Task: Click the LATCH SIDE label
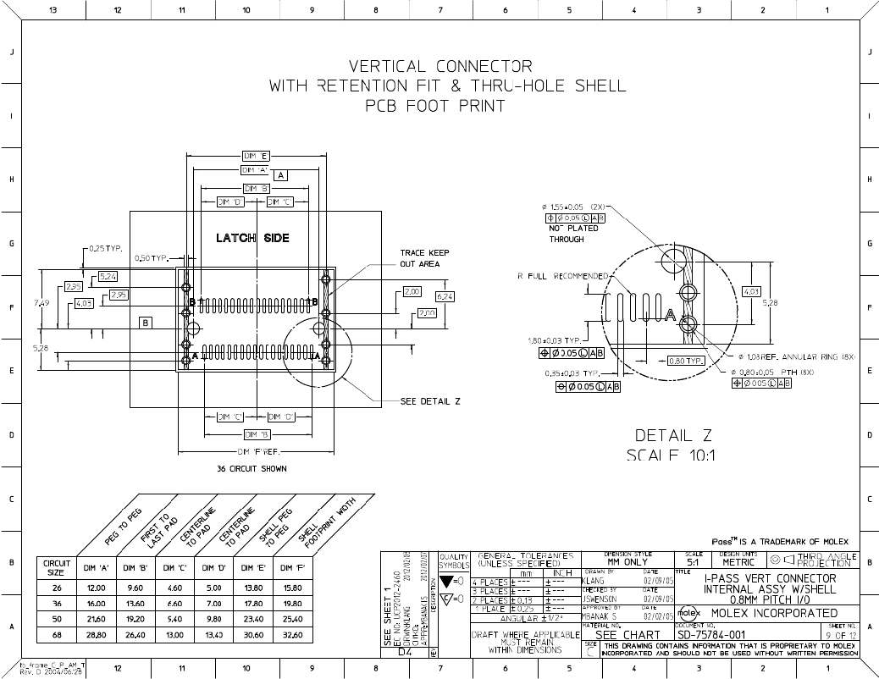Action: click(252, 238)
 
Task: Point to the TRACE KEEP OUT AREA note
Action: click(424, 258)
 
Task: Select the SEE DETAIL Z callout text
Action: click(429, 401)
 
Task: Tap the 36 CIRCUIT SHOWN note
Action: click(252, 468)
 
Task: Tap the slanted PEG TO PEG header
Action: click(122, 527)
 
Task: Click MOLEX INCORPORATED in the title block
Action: click(774, 613)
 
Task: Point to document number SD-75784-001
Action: click(711, 635)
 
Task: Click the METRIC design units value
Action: click(738, 562)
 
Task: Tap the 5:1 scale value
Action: click(693, 562)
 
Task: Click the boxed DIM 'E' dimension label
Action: click(256, 156)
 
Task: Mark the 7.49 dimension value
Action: click(41, 302)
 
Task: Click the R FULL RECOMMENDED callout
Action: click(561, 276)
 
